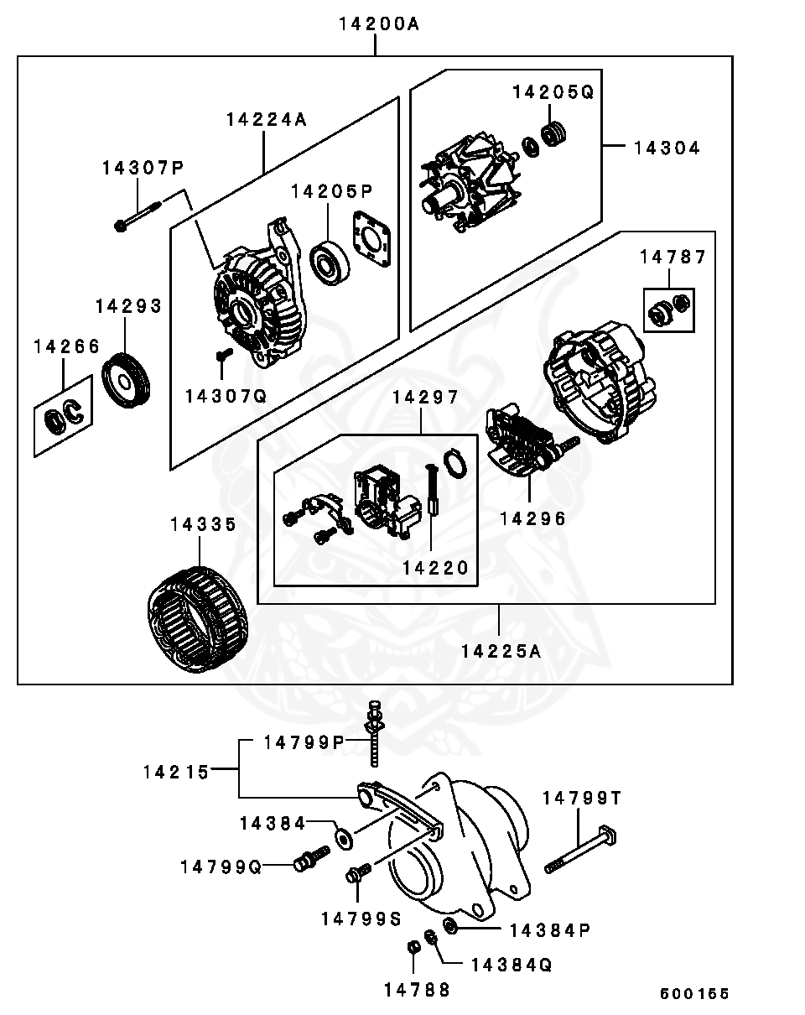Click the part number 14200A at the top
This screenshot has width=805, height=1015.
[378, 25]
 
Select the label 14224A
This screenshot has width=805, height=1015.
[266, 119]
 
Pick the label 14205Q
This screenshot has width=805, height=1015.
[553, 92]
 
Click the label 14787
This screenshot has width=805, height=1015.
[673, 258]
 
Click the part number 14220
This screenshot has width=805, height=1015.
[434, 568]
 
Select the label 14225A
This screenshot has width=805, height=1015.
[501, 649]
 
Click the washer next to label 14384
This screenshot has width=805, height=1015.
[343, 836]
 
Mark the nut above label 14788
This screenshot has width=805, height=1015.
[413, 947]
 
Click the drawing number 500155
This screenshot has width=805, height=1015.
[694, 994]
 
